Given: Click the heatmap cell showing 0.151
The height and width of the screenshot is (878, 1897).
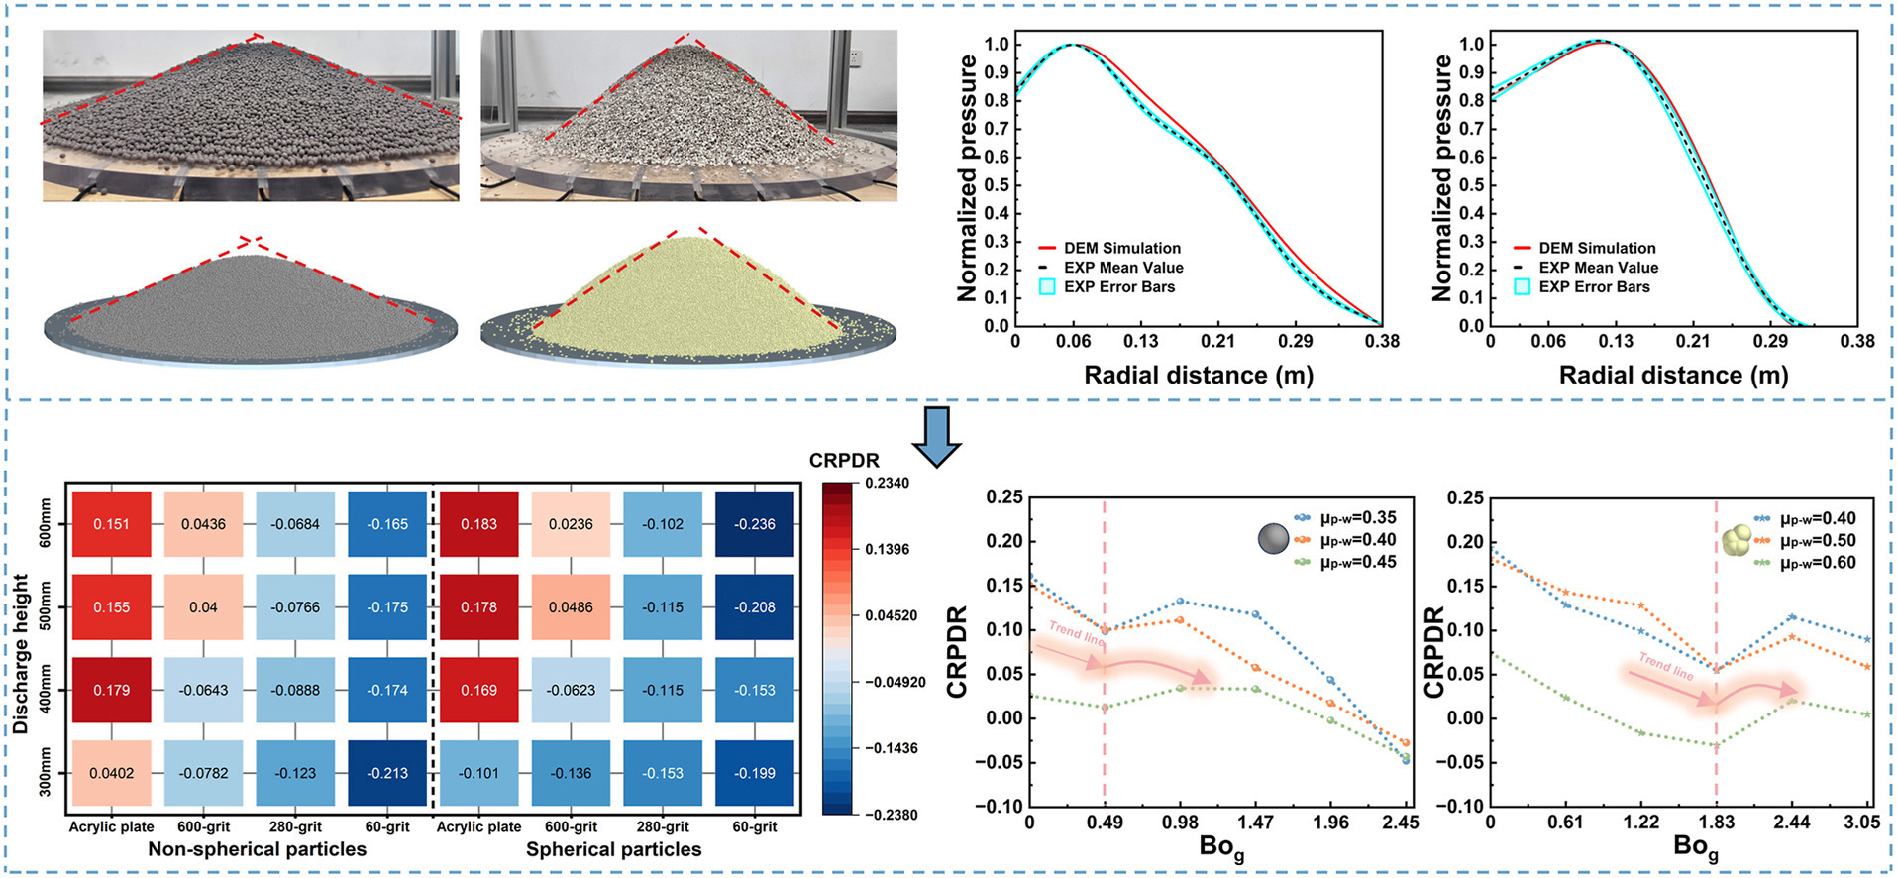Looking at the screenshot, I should [111, 524].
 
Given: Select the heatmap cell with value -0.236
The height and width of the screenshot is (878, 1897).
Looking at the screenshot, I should [755, 524].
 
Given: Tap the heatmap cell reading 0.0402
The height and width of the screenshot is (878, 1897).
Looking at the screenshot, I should [111, 773].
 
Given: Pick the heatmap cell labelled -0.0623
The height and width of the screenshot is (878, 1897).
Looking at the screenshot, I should [571, 690].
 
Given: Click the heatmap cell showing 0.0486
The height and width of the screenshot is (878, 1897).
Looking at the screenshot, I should [571, 607].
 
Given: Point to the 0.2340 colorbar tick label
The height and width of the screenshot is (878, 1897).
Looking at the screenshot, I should [887, 484].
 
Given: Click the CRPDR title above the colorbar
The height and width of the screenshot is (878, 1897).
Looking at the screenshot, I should [844, 461].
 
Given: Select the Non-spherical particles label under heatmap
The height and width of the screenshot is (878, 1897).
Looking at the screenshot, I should [257, 849].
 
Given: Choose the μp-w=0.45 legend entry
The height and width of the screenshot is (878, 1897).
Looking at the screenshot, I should [1357, 562].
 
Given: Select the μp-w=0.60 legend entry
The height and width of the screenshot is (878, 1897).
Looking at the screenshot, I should [1817, 563].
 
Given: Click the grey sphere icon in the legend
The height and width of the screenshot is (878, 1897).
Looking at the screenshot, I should [1273, 538].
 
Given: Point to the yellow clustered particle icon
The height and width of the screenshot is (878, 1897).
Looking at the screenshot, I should [1737, 540].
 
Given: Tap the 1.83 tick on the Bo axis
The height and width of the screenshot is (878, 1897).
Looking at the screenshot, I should [1716, 823].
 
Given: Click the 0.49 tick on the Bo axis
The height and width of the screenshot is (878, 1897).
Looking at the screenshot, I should [1105, 823].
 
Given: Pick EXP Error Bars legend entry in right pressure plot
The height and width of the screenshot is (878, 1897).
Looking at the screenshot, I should [1594, 287].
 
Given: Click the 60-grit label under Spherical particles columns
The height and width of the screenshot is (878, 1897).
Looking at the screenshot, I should [755, 826].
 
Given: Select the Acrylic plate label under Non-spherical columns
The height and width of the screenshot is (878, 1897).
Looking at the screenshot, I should [111, 826].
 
